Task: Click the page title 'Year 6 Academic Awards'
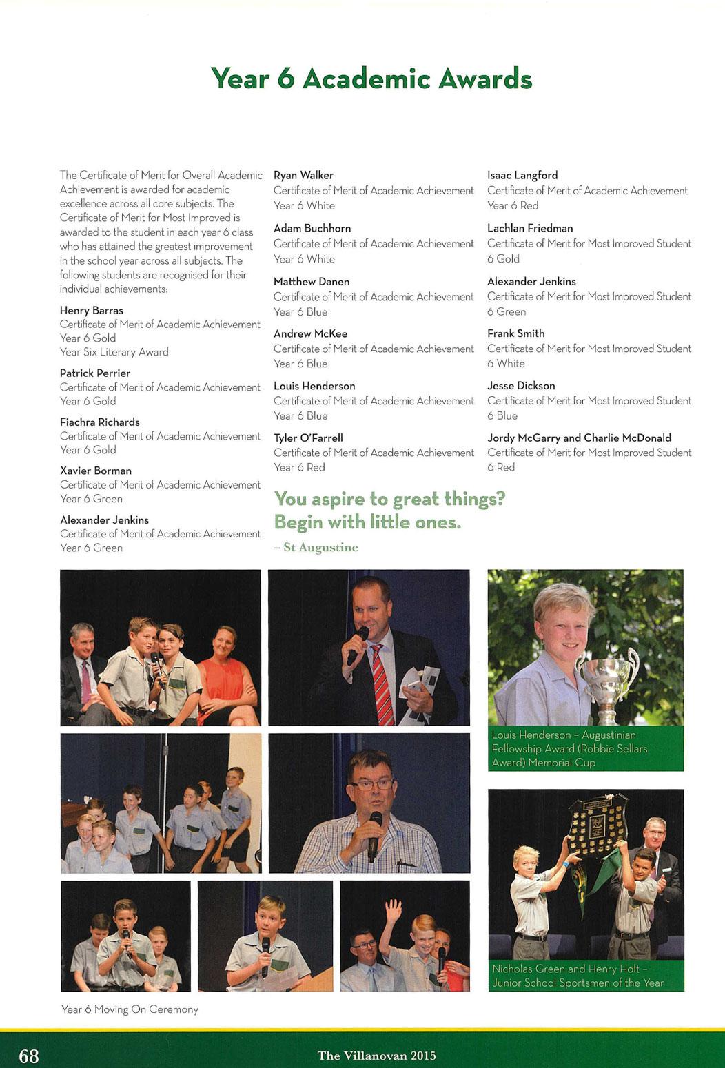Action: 371,79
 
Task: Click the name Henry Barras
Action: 92,310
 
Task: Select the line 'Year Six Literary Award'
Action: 114,352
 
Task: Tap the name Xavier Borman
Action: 96,471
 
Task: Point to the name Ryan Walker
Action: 303,175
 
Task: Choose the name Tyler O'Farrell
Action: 308,438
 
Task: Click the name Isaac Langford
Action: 522,175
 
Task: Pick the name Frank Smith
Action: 515,333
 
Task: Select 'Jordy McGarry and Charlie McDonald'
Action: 579,438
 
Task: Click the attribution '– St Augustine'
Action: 316,547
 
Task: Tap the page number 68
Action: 29,1056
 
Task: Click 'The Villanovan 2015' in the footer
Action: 376,1056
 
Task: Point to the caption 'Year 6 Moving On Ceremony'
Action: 130,1009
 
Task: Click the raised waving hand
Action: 394,910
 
